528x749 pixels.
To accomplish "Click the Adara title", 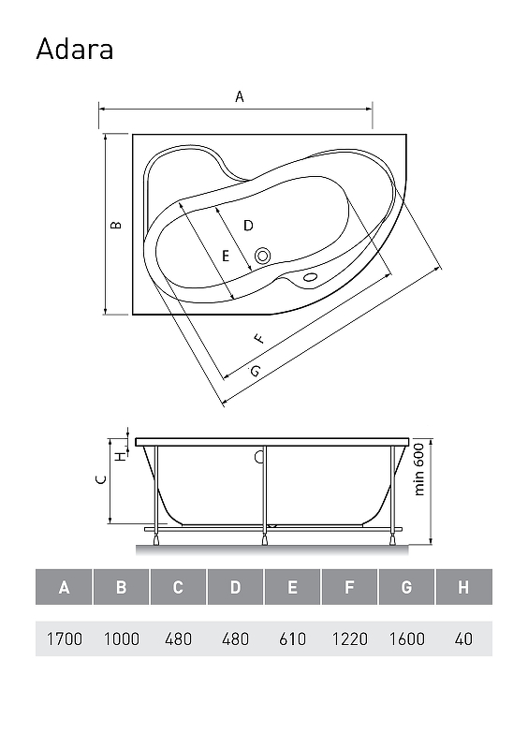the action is click(75, 50).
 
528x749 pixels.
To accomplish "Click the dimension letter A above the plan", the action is click(240, 97).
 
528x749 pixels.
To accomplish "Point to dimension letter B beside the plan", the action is click(116, 225).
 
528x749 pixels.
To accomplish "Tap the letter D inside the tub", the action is click(248, 226).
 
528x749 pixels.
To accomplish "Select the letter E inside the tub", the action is click(226, 257).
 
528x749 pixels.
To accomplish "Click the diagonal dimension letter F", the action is click(258, 339).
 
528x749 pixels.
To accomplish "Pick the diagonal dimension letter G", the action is click(256, 370).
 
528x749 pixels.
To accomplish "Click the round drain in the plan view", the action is click(262, 256).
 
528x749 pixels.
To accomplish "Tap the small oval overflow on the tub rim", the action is click(310, 276).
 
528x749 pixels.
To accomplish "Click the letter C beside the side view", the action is click(101, 479).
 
